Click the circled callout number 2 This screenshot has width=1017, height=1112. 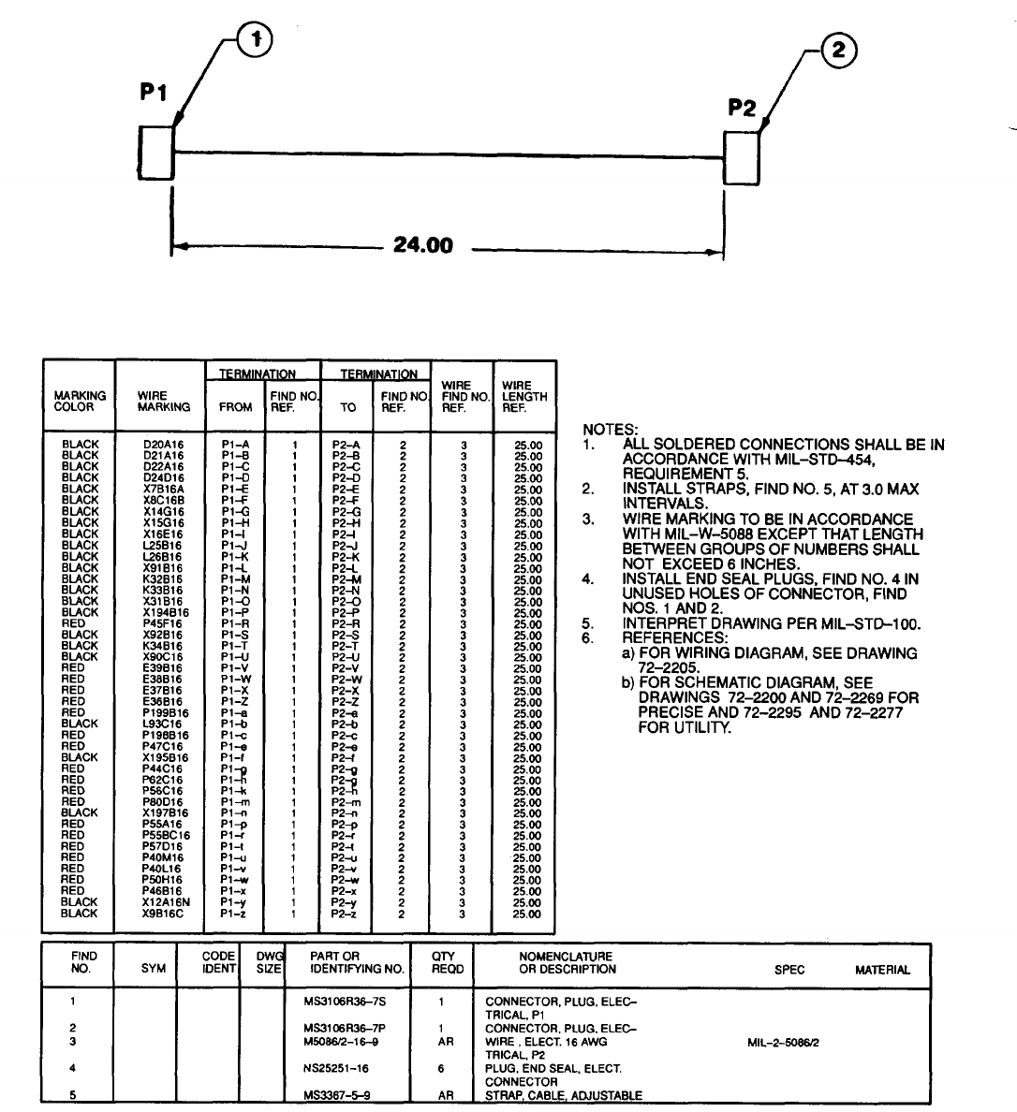839,52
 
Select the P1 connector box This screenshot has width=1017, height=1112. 156,152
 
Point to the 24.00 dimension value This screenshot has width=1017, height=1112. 422,245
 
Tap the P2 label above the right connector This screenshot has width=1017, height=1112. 742,108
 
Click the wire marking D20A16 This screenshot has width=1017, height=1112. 163,445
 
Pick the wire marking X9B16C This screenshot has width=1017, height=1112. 163,914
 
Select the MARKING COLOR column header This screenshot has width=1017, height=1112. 80,402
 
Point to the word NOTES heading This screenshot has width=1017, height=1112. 610,430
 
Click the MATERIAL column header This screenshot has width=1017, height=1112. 882,970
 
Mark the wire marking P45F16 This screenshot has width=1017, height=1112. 163,623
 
